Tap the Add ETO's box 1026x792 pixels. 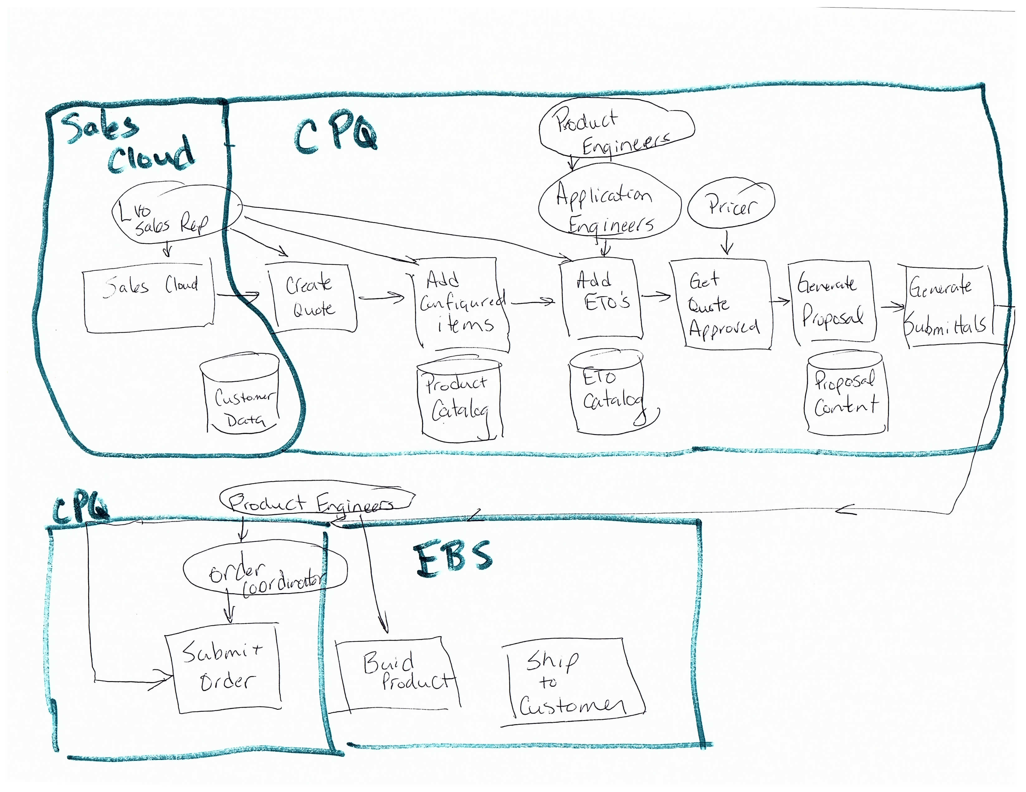click(602, 297)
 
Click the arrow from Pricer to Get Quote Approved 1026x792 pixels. click(727, 242)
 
